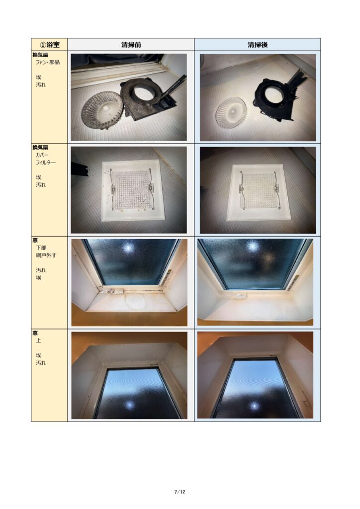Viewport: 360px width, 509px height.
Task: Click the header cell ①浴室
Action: pos(49,44)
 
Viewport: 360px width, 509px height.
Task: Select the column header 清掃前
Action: pos(131,44)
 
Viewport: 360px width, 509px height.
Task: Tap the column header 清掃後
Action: pos(258,44)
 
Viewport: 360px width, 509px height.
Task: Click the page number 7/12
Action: pos(180,492)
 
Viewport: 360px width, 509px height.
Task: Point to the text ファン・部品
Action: pos(48,62)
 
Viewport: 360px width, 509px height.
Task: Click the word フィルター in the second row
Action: pos(46,163)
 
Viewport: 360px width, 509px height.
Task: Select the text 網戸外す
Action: pos(46,255)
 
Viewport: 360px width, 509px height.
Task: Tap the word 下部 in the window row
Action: pos(41,248)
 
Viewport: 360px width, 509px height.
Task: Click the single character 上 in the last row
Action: pos(39,340)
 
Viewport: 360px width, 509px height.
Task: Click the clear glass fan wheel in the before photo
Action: pos(102,110)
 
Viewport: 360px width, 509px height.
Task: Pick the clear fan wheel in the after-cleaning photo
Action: pos(231,113)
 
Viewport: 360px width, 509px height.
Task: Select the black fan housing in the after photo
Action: pos(276,97)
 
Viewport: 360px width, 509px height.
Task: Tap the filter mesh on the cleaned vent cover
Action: pos(259,190)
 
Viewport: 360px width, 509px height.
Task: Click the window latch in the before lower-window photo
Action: pos(112,291)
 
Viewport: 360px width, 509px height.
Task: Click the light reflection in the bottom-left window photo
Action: pos(130,405)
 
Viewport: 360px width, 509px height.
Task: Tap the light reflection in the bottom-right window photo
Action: pos(255,406)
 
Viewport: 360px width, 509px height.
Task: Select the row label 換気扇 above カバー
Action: pos(40,147)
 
